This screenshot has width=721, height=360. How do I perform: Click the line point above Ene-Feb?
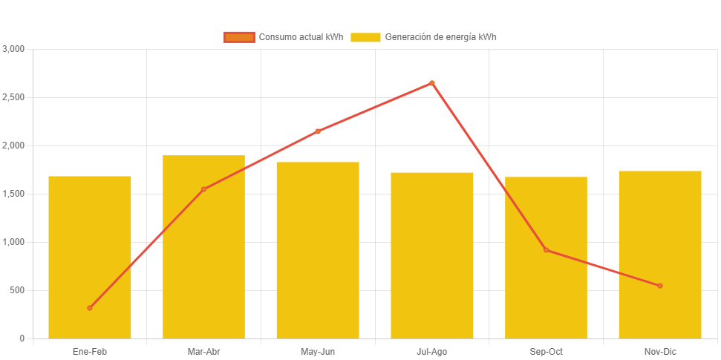(90, 307)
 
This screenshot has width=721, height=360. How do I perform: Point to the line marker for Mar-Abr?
(203, 189)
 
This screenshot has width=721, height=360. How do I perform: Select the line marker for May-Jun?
(318, 131)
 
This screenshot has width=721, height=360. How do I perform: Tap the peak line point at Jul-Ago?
(432, 83)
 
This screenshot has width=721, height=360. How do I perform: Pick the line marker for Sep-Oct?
(546, 250)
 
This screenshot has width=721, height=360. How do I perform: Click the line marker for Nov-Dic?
(660, 286)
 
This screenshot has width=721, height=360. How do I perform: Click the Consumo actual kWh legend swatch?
(238, 37)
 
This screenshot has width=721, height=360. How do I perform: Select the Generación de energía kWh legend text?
(440, 37)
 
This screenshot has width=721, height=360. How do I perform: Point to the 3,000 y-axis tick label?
(14, 49)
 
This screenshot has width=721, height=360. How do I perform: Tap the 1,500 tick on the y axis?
(14, 194)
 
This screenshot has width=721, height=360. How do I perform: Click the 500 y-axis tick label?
(17, 290)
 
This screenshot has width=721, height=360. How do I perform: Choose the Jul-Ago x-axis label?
(432, 352)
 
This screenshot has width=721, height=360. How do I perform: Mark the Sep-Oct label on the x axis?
(546, 352)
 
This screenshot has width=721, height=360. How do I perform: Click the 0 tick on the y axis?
(22, 338)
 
